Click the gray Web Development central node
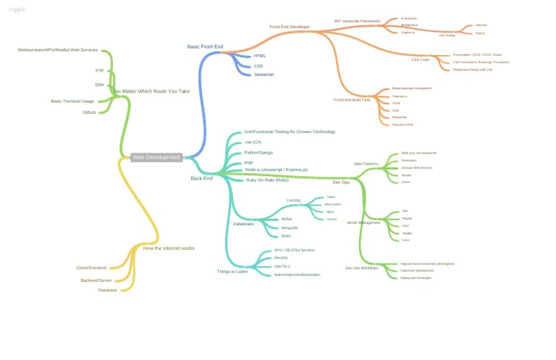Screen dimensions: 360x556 tap(156, 157)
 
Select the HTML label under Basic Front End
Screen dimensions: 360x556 tap(259, 56)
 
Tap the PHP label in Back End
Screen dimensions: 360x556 tap(248, 163)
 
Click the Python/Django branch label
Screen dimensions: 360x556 tap(258, 153)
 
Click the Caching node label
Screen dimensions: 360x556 tap(293, 200)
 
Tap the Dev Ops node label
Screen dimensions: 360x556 tap(341, 183)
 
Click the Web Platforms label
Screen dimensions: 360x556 tap(366, 164)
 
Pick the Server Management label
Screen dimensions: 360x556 tap(363, 222)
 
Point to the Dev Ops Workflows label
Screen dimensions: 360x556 tap(361, 268)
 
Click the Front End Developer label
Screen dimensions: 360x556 tap(290, 27)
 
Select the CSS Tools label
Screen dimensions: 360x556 tap(420, 59)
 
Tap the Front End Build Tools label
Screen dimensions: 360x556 tap(352, 100)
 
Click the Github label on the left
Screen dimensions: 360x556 tap(89, 112)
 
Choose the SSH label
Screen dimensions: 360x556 tap(99, 85)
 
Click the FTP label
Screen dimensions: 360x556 tap(99, 71)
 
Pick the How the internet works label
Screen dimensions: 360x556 tap(169, 248)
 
